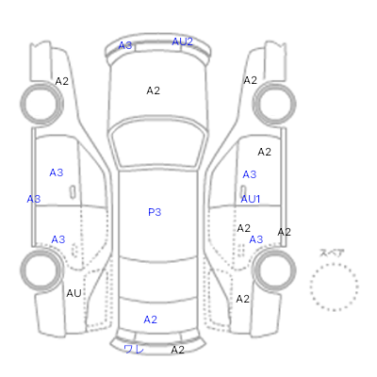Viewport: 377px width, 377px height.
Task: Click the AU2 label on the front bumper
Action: click(182, 41)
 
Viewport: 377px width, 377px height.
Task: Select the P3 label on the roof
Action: click(155, 212)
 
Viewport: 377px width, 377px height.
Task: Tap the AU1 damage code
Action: click(251, 199)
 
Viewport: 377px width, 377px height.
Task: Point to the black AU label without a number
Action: click(74, 293)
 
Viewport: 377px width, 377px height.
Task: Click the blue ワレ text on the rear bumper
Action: click(134, 349)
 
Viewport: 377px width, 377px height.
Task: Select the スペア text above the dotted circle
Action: click(332, 253)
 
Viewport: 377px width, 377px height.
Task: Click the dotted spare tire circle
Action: click(334, 264)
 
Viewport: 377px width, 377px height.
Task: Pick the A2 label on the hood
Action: click(154, 90)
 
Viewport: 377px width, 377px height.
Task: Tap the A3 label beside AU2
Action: click(125, 45)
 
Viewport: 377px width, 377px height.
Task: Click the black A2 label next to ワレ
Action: click(178, 350)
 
